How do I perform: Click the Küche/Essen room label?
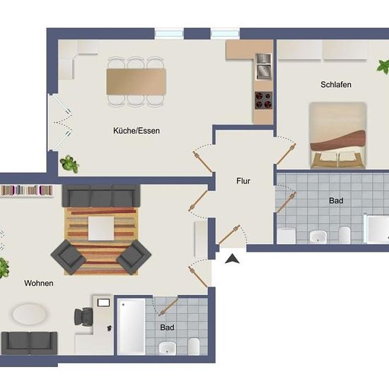137,131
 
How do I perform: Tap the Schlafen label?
336,85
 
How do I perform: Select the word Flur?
243,181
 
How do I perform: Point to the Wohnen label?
39,283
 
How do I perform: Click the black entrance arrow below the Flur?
232,259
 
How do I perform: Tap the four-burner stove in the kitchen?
264,100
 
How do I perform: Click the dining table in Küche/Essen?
137,81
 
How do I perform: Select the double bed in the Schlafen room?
338,135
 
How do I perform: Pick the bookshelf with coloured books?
27,190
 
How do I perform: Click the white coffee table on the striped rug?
101,228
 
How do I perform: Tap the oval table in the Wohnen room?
30,314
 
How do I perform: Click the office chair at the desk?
84,317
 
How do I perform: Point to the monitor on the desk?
104,303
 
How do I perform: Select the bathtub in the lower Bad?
132,327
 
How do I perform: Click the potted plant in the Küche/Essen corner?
69,164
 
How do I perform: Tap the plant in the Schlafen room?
383,66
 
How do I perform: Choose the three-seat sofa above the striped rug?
101,196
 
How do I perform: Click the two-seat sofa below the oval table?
29,343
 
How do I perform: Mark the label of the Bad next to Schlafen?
336,200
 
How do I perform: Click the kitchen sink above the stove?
264,66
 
